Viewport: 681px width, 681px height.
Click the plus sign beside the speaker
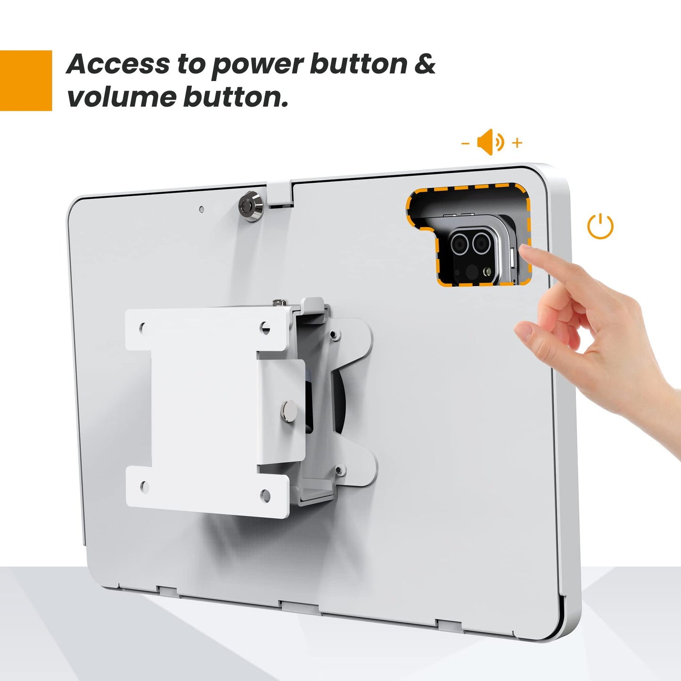click(517, 142)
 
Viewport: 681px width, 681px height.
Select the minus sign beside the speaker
click(465, 142)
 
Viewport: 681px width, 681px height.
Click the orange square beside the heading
click(25, 81)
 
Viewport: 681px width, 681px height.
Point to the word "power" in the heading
click(257, 65)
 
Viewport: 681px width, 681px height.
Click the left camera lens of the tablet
click(459, 244)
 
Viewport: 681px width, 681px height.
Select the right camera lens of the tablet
click(481, 244)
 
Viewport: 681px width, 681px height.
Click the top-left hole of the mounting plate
click(142, 326)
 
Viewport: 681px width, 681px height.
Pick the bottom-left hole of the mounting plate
click(145, 487)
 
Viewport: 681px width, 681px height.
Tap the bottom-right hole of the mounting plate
click(265, 495)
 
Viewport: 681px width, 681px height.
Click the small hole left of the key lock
click(202, 209)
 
